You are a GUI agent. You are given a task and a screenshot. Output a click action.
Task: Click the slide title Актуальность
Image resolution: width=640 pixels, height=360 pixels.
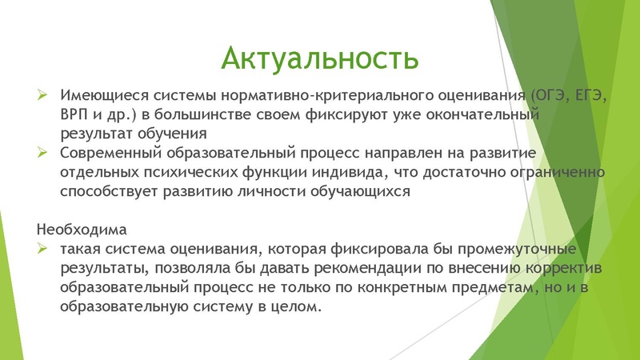click(319, 58)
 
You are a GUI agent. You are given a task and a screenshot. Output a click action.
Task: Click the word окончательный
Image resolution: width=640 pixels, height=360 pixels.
click(483, 114)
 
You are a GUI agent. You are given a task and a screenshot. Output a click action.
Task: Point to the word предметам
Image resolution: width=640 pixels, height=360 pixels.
click(463, 286)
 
